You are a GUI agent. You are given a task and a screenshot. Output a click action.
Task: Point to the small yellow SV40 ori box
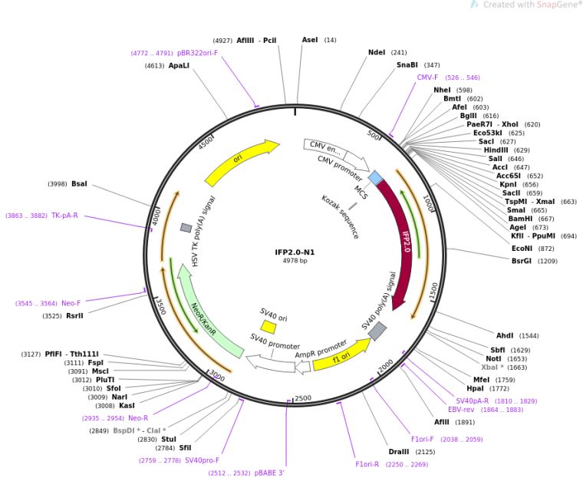[268, 327]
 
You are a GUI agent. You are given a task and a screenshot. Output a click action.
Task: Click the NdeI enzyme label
[377, 52]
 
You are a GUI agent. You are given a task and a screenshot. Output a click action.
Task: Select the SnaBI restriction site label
[407, 65]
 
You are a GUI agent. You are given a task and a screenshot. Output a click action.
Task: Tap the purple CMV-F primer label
[427, 77]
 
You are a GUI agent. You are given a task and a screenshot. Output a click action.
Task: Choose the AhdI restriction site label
[505, 335]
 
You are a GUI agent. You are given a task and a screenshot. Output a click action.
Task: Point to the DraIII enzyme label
[399, 452]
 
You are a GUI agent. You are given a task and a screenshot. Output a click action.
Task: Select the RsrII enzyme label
[74, 315]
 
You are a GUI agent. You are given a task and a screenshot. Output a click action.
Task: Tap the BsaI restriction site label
[79, 184]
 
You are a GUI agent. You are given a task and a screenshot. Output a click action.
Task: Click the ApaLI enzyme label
[178, 66]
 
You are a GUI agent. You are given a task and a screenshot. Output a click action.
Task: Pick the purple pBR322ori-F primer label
[197, 53]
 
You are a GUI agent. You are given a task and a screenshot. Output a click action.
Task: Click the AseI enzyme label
[309, 39]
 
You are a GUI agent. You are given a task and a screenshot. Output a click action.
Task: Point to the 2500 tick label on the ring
[303, 398]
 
